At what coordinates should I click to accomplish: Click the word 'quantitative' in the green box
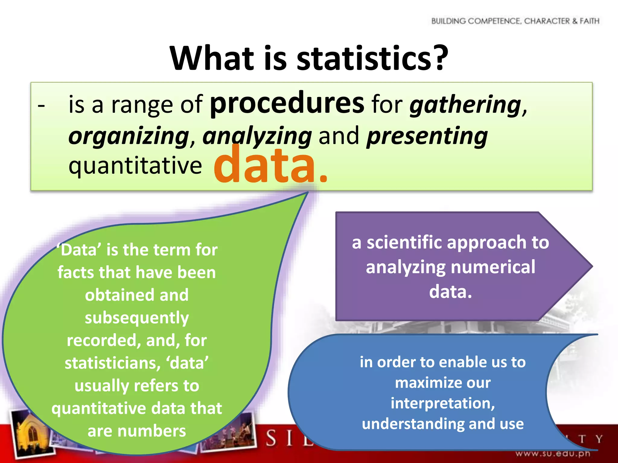[x=135, y=166]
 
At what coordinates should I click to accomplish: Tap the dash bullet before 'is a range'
[x=41, y=106]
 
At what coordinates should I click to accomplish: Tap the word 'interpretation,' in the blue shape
[x=443, y=403]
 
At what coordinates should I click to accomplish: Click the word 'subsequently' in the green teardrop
[x=137, y=318]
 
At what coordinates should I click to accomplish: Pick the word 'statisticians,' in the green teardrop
[x=112, y=363]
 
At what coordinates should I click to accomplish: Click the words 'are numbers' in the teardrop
[x=137, y=431]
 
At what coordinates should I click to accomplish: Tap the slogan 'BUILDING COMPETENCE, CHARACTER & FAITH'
[x=515, y=21]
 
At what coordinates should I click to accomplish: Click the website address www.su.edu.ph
[x=553, y=453]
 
